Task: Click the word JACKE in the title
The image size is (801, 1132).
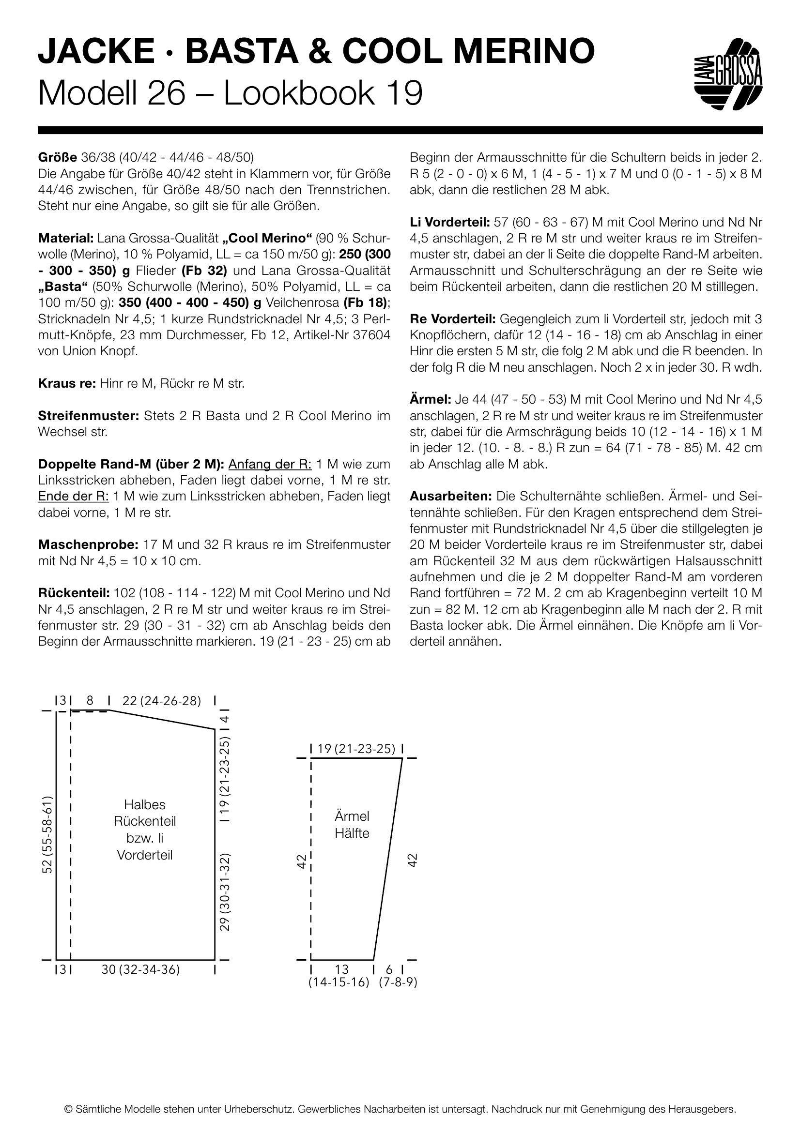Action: coord(96,51)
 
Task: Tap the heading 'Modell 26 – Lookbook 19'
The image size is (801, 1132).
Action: coord(231,93)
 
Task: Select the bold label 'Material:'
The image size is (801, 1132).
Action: coord(65,238)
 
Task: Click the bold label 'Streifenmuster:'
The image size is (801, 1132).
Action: coord(89,416)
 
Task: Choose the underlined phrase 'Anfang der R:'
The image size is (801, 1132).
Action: coord(270,464)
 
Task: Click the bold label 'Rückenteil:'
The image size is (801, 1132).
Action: coord(74,593)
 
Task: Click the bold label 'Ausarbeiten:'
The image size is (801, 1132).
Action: coord(451,496)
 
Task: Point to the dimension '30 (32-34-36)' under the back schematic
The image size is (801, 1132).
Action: coord(140,970)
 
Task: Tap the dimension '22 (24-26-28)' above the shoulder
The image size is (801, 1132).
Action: coord(161,701)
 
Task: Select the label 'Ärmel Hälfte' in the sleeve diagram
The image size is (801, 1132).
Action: coord(352,825)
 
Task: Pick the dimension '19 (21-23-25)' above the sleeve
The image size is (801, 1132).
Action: coord(355,749)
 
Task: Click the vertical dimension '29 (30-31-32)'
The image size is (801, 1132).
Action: coord(225,892)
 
